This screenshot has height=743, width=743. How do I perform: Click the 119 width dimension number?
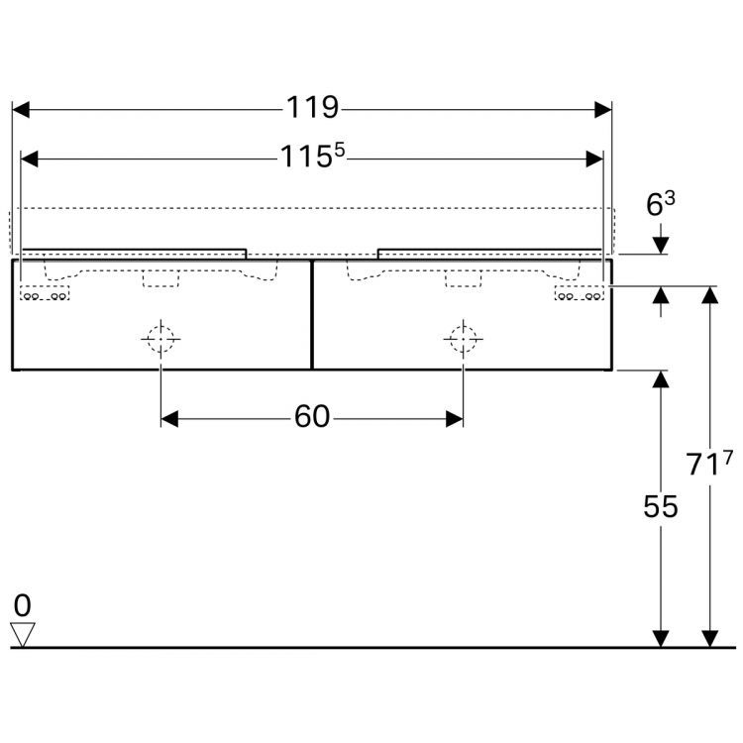(x=311, y=108)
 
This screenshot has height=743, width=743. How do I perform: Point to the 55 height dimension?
(x=661, y=506)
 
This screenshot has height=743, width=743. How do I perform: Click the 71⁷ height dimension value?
(x=710, y=463)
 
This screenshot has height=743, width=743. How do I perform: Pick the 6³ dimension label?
(x=661, y=204)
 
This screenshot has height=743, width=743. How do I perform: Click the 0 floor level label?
(x=22, y=604)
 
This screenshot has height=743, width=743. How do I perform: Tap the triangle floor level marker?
(x=22, y=633)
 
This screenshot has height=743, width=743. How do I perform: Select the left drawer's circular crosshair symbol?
(x=160, y=339)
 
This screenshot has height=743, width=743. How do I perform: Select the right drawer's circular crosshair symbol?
(x=462, y=339)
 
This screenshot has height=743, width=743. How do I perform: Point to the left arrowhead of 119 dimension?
(x=20, y=109)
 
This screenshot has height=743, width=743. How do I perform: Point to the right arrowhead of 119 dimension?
(x=603, y=109)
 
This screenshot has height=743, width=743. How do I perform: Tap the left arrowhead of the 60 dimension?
(x=169, y=419)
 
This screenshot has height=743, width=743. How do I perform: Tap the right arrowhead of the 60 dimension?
(x=454, y=419)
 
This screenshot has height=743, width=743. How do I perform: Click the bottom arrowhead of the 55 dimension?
(x=661, y=638)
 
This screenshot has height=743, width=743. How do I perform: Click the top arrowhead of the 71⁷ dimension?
(x=709, y=295)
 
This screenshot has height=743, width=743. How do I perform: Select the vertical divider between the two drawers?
(x=311, y=314)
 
